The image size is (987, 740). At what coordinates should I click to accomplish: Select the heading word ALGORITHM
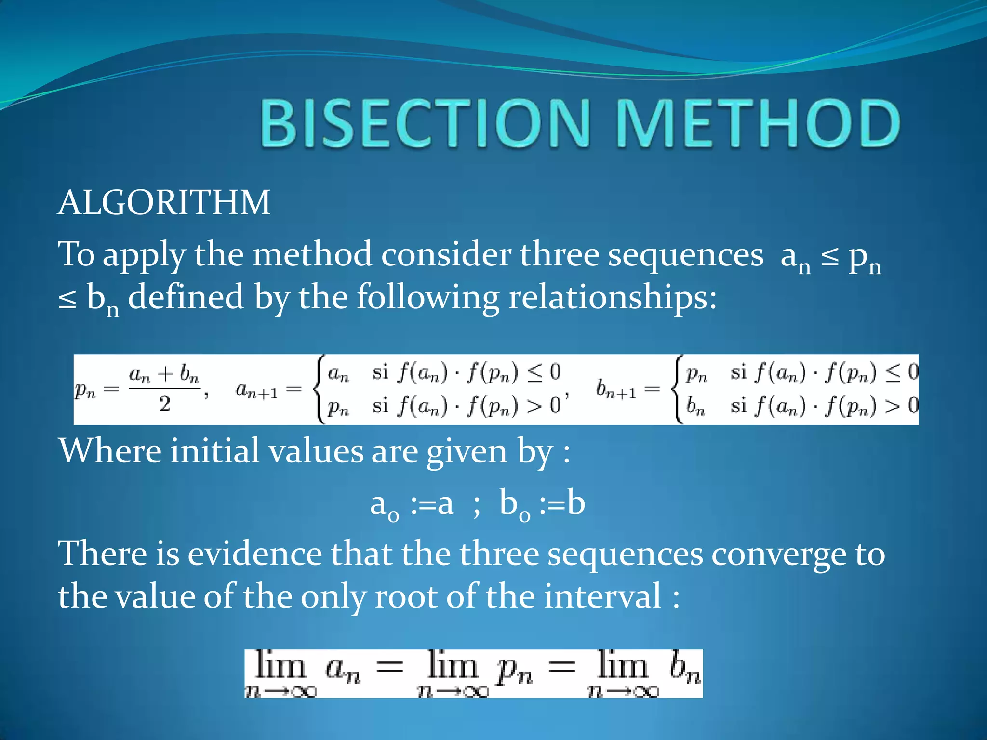[x=164, y=202]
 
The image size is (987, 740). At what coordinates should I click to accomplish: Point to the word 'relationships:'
[x=613, y=297]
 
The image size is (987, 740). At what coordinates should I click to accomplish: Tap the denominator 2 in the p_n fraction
[x=165, y=404]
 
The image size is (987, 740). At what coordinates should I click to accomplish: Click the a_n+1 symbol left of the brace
[x=256, y=390]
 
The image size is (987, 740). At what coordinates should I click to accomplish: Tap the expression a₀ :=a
[x=412, y=504]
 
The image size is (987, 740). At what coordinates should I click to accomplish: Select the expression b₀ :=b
[x=542, y=504]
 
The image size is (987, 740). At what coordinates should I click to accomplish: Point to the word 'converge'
[x=778, y=554]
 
